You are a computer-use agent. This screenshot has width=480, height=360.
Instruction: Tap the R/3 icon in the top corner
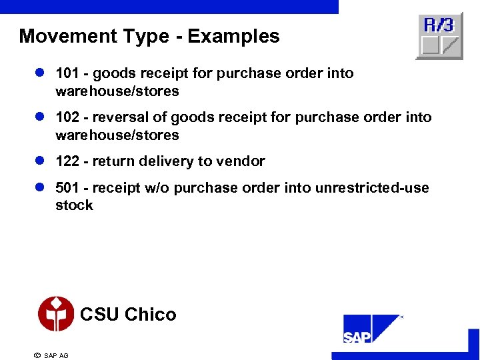point(439,35)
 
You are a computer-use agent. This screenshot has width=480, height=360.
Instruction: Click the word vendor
point(243,161)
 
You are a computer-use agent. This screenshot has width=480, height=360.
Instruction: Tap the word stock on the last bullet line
point(74,205)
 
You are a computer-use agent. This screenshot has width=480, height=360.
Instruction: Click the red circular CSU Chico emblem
point(55,313)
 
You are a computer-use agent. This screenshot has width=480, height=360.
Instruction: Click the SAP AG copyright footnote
point(51,355)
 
